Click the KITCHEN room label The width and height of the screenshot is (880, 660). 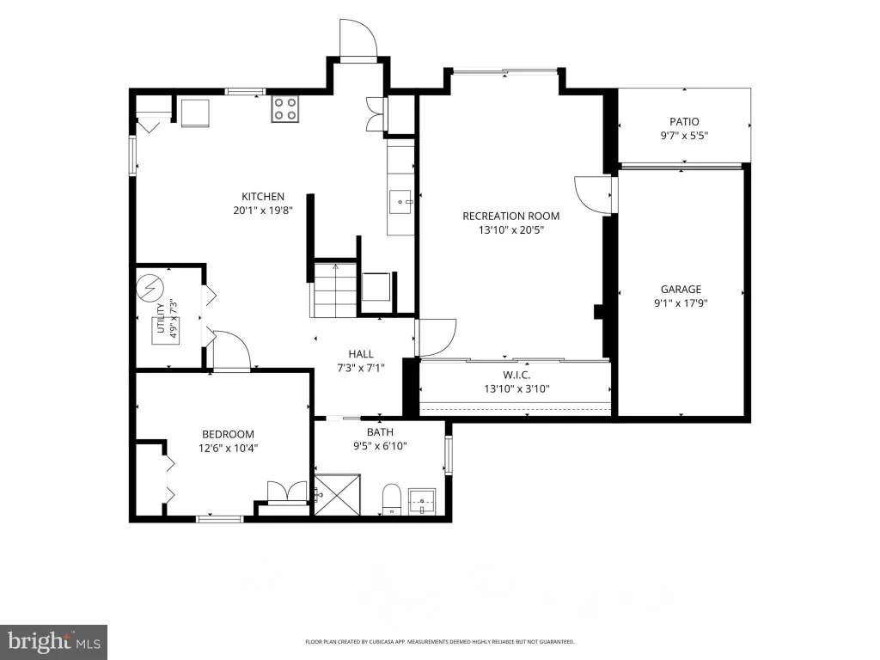point(263,197)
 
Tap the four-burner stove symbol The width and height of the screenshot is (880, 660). point(284,109)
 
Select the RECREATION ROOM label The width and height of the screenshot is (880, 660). point(510,216)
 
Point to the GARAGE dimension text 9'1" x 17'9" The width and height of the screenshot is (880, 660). point(681,303)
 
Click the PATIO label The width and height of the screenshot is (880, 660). point(684,121)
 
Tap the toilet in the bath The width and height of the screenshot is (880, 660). point(391,498)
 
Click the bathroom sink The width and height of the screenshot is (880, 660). point(421,501)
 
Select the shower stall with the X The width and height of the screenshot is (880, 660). point(337,494)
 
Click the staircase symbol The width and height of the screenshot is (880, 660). point(335,290)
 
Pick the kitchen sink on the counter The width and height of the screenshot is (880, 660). point(401,201)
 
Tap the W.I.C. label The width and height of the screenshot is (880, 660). point(516,375)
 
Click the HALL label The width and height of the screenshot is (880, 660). point(361,354)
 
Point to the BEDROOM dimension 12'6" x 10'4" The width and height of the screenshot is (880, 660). point(228,449)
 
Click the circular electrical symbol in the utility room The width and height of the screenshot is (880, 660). point(150,287)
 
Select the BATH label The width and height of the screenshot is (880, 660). point(380,432)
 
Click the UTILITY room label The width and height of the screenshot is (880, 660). point(161,318)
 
